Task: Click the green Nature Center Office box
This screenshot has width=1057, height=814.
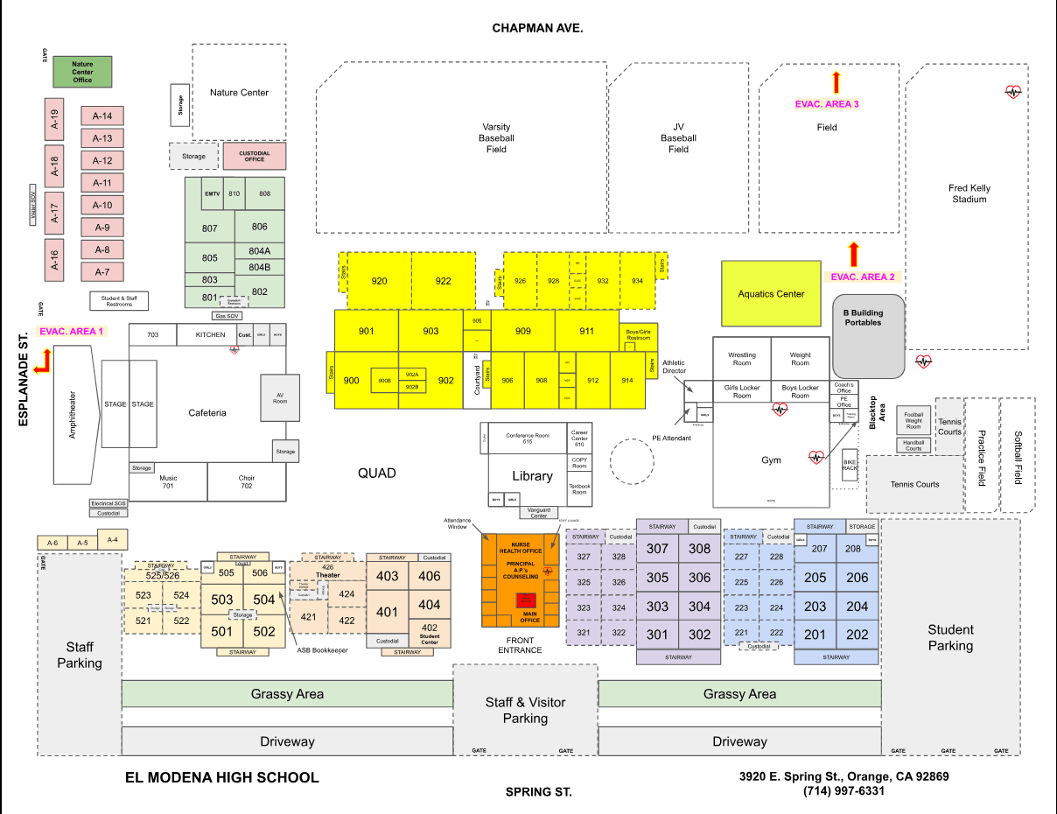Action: click(82, 72)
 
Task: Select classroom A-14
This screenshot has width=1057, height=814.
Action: click(102, 116)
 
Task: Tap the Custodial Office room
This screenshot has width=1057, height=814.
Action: click(255, 156)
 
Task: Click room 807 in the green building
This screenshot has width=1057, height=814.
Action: click(209, 228)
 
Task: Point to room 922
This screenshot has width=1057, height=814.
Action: click(443, 281)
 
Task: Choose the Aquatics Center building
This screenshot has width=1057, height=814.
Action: click(771, 293)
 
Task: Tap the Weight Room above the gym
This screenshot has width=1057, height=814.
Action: click(800, 360)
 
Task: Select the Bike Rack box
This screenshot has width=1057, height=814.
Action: click(850, 464)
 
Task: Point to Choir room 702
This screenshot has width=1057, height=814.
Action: click(247, 481)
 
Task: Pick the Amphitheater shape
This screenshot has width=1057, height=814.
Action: click(73, 414)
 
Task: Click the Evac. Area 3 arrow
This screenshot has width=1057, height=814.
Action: click(836, 83)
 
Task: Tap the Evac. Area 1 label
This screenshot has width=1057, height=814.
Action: click(72, 332)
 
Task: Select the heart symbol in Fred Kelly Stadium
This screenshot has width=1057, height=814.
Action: click(1012, 91)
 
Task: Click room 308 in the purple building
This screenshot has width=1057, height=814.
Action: click(699, 549)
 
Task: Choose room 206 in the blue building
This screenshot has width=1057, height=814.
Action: click(857, 578)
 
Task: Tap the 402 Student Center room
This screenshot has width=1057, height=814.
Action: click(429, 632)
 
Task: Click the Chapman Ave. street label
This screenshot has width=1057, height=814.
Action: click(537, 28)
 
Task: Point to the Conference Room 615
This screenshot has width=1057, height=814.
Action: click(527, 438)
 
